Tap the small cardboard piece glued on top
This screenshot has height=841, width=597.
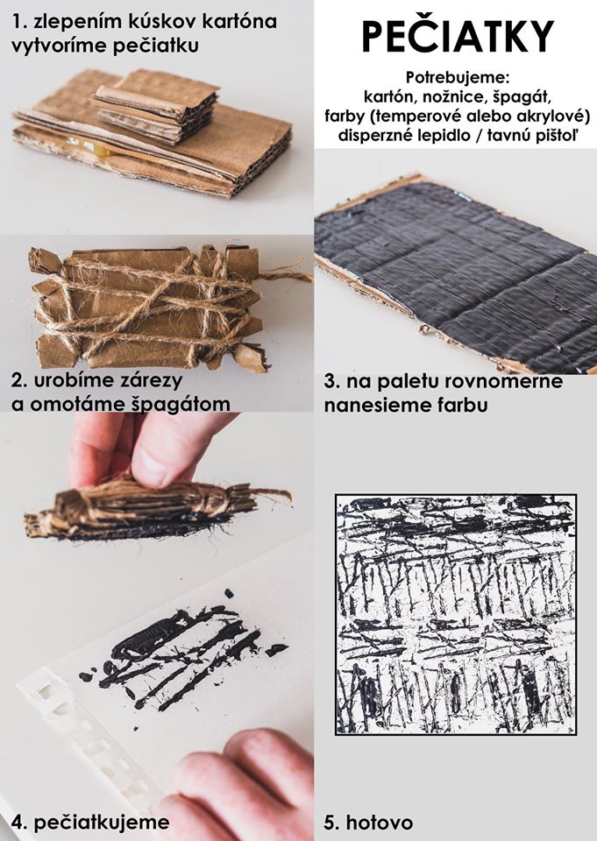(156, 105)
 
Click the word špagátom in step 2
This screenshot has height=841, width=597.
(181, 404)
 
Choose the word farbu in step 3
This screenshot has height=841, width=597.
(460, 405)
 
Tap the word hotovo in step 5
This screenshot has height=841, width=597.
(380, 823)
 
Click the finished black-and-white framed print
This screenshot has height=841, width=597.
(456, 614)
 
